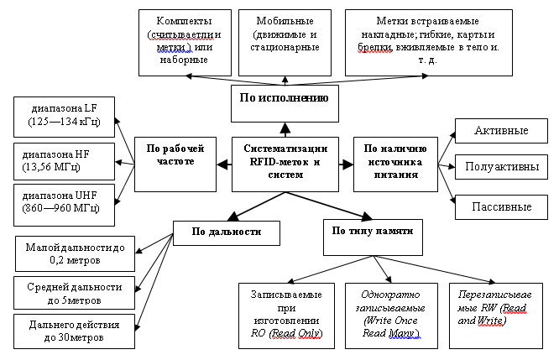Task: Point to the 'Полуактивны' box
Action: click(502, 167)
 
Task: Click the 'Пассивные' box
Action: click(502, 206)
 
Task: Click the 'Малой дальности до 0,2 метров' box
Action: click(75, 253)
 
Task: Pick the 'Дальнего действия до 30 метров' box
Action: click(75, 331)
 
